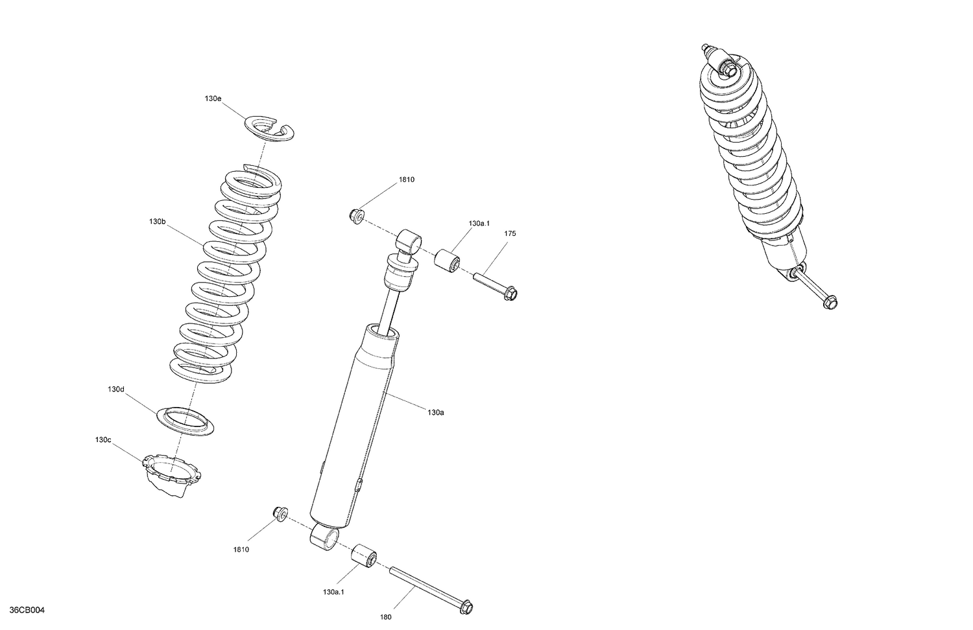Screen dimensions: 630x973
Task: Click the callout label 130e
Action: [x=213, y=99]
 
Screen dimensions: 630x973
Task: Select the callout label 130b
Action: [x=157, y=222]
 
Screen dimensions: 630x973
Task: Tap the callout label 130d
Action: [x=116, y=390]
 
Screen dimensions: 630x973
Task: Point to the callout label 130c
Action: [x=103, y=440]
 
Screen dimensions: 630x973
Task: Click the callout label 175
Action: [x=510, y=233]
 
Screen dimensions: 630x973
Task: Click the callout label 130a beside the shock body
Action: [x=436, y=412]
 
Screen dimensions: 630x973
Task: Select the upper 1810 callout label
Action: [x=406, y=180]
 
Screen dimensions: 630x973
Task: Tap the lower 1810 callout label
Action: [x=241, y=550]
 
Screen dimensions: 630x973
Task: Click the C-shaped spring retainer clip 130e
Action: [x=270, y=128]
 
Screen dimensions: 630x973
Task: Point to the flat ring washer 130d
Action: [x=186, y=421]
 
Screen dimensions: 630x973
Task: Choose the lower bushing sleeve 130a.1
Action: [x=364, y=556]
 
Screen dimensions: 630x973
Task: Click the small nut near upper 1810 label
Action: [x=356, y=216]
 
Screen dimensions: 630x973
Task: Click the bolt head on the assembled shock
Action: [x=829, y=302]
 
